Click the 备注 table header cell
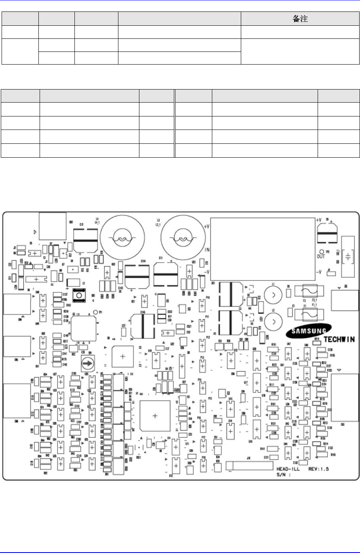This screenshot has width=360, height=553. pyautogui.click(x=301, y=19)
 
